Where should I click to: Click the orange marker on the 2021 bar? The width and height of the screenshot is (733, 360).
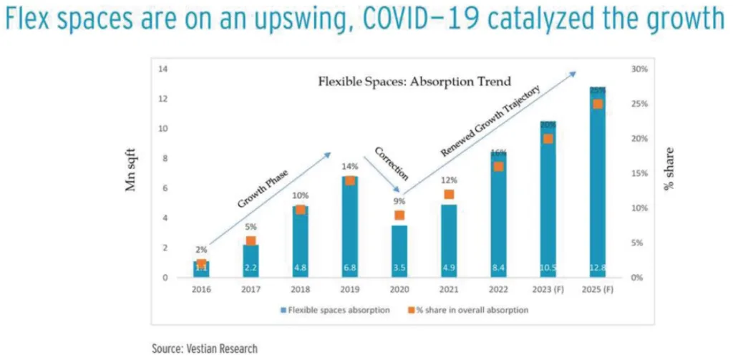(x=449, y=195)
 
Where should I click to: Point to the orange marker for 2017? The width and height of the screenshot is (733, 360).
(x=251, y=242)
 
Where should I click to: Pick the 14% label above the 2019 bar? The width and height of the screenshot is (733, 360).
(x=350, y=165)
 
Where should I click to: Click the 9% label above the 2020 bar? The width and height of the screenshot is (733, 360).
(x=399, y=201)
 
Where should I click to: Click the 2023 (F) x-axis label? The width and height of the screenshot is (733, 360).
(x=548, y=291)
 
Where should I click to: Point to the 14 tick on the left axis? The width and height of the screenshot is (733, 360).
(x=163, y=69)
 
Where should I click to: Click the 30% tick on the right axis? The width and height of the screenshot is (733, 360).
(x=639, y=69)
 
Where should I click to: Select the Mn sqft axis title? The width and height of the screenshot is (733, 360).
(x=132, y=173)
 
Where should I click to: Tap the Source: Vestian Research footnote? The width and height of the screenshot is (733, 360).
(x=204, y=348)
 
